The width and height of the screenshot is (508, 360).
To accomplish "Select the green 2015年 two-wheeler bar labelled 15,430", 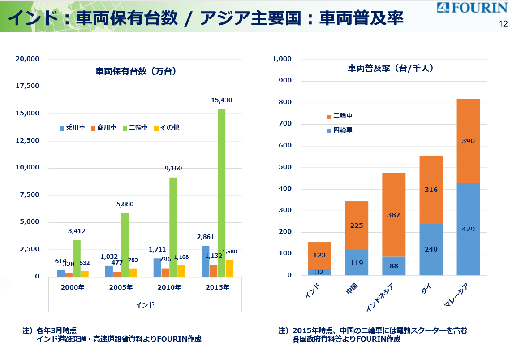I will [221, 193].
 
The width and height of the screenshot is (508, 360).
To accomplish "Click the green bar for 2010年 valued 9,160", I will [173, 227].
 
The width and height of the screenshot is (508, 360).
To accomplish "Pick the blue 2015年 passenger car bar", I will [205, 261].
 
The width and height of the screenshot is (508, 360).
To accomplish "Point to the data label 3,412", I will [77, 231].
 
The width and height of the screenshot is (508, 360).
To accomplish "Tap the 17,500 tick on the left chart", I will [28, 86].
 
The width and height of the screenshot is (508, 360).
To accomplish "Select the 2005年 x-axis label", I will [121, 287].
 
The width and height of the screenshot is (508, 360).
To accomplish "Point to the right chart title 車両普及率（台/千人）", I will [391, 69].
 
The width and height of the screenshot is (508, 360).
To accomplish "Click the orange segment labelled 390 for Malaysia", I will [468, 141].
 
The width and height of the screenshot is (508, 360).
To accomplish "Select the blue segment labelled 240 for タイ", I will [431, 249].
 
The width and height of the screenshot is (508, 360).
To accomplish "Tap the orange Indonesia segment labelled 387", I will [394, 215].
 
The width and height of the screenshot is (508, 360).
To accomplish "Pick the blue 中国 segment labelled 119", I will [357, 263].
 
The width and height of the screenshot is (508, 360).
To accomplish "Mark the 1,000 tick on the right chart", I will [282, 59].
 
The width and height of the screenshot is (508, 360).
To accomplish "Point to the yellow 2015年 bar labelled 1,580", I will [229, 268].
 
